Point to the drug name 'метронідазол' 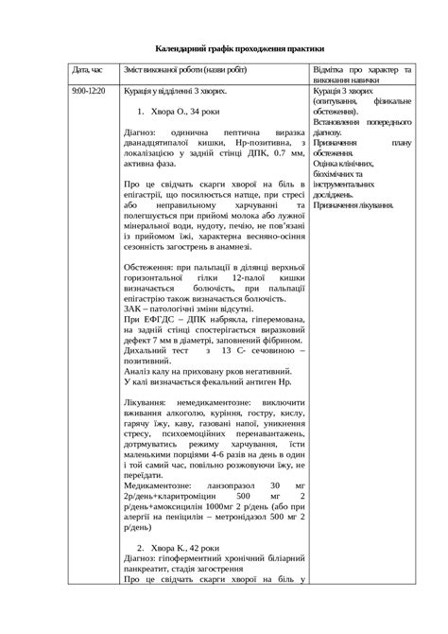click(x=250, y=517)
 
